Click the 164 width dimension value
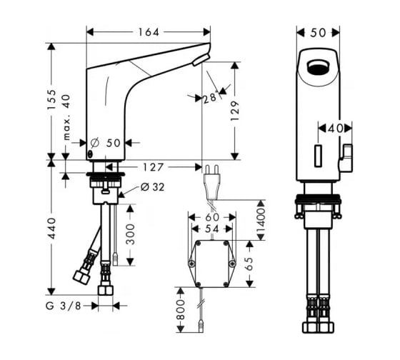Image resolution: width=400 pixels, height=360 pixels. [x=149, y=32]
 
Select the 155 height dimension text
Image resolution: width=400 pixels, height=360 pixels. [x=51, y=99]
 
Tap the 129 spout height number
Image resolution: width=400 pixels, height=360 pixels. [x=235, y=111]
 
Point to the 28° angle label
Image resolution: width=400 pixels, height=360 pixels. [x=210, y=98]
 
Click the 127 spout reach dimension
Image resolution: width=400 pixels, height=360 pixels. [x=153, y=167]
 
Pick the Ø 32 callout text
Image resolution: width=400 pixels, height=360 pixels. [x=152, y=187]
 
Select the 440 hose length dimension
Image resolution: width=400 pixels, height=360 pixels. [x=51, y=228]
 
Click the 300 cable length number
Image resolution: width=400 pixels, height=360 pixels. [x=130, y=234]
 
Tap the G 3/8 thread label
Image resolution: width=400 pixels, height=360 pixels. [x=64, y=306]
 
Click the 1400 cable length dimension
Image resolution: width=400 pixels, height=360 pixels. [x=261, y=220]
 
